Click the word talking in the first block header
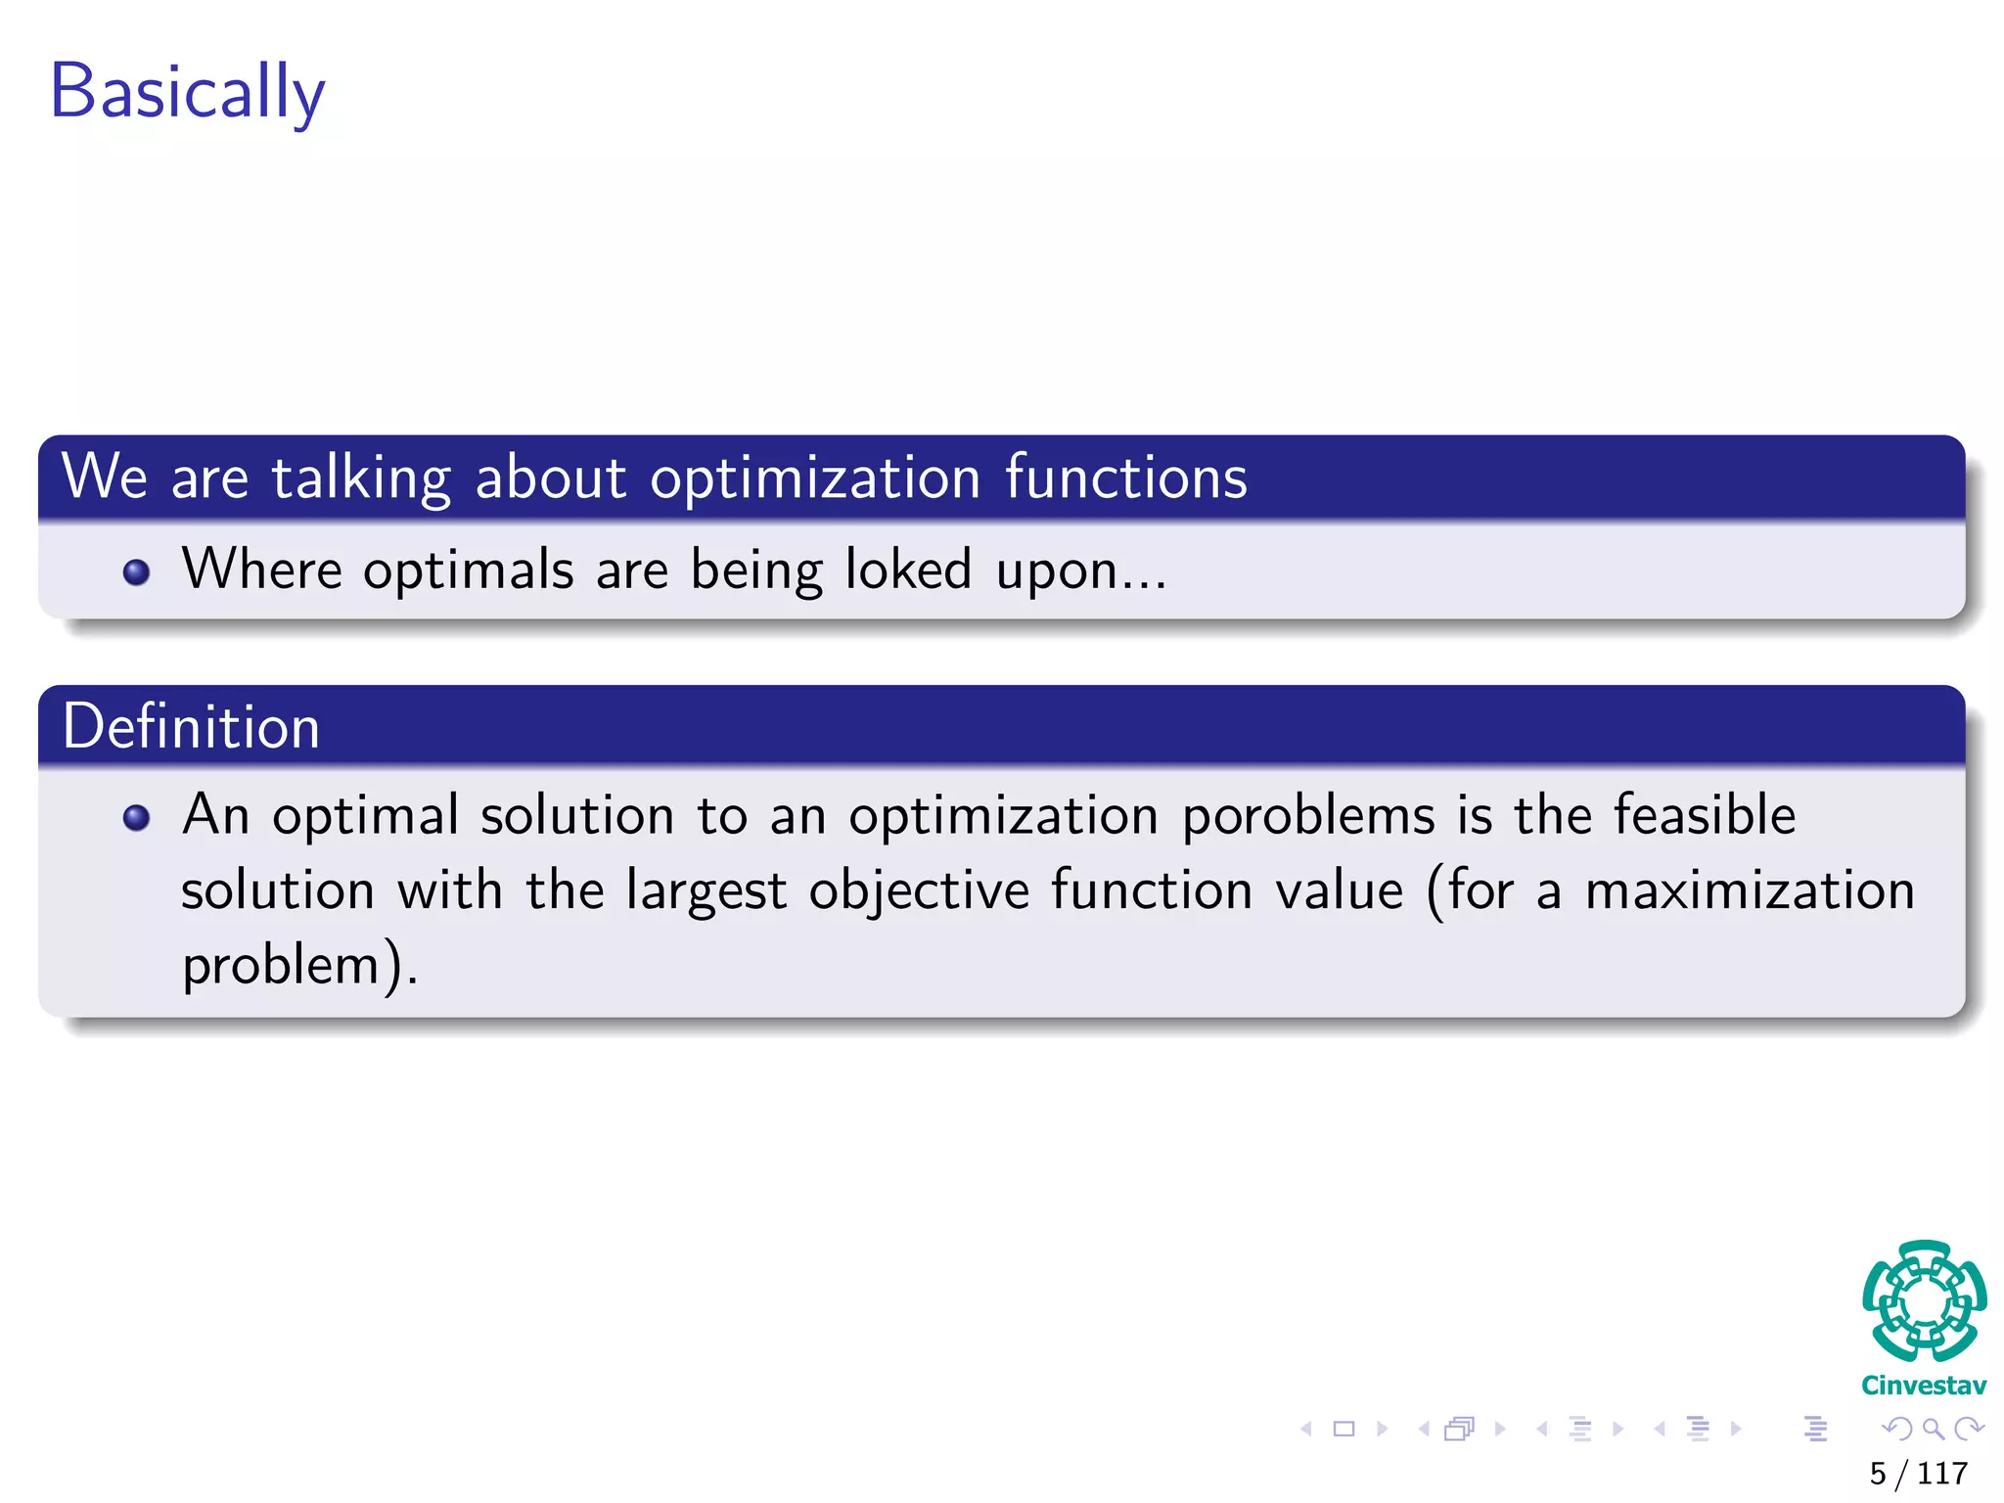[361, 478]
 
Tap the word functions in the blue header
[1125, 478]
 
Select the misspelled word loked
[907, 569]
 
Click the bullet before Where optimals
[137, 571]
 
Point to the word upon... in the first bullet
[1080, 571]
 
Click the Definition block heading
[192, 727]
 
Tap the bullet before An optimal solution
[137, 817]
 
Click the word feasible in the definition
[1704, 814]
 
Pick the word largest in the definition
[706, 891]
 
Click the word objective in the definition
[919, 891]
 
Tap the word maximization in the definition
[1749, 891]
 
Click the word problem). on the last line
[299, 966]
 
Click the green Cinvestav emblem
[1924, 1300]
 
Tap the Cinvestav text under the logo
[1924, 1386]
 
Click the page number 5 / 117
[1918, 1473]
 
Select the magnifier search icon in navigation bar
[1933, 1429]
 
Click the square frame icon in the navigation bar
[1344, 1429]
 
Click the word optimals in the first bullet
[468, 571]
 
